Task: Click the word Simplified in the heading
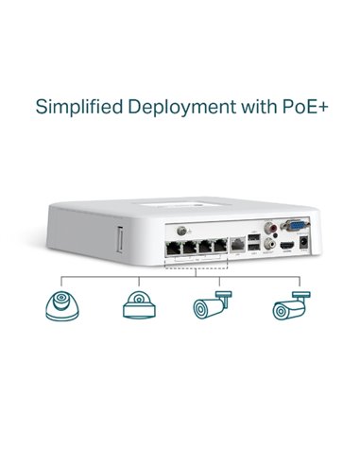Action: [77, 106]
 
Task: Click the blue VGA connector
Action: [293, 228]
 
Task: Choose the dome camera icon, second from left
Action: [136, 305]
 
